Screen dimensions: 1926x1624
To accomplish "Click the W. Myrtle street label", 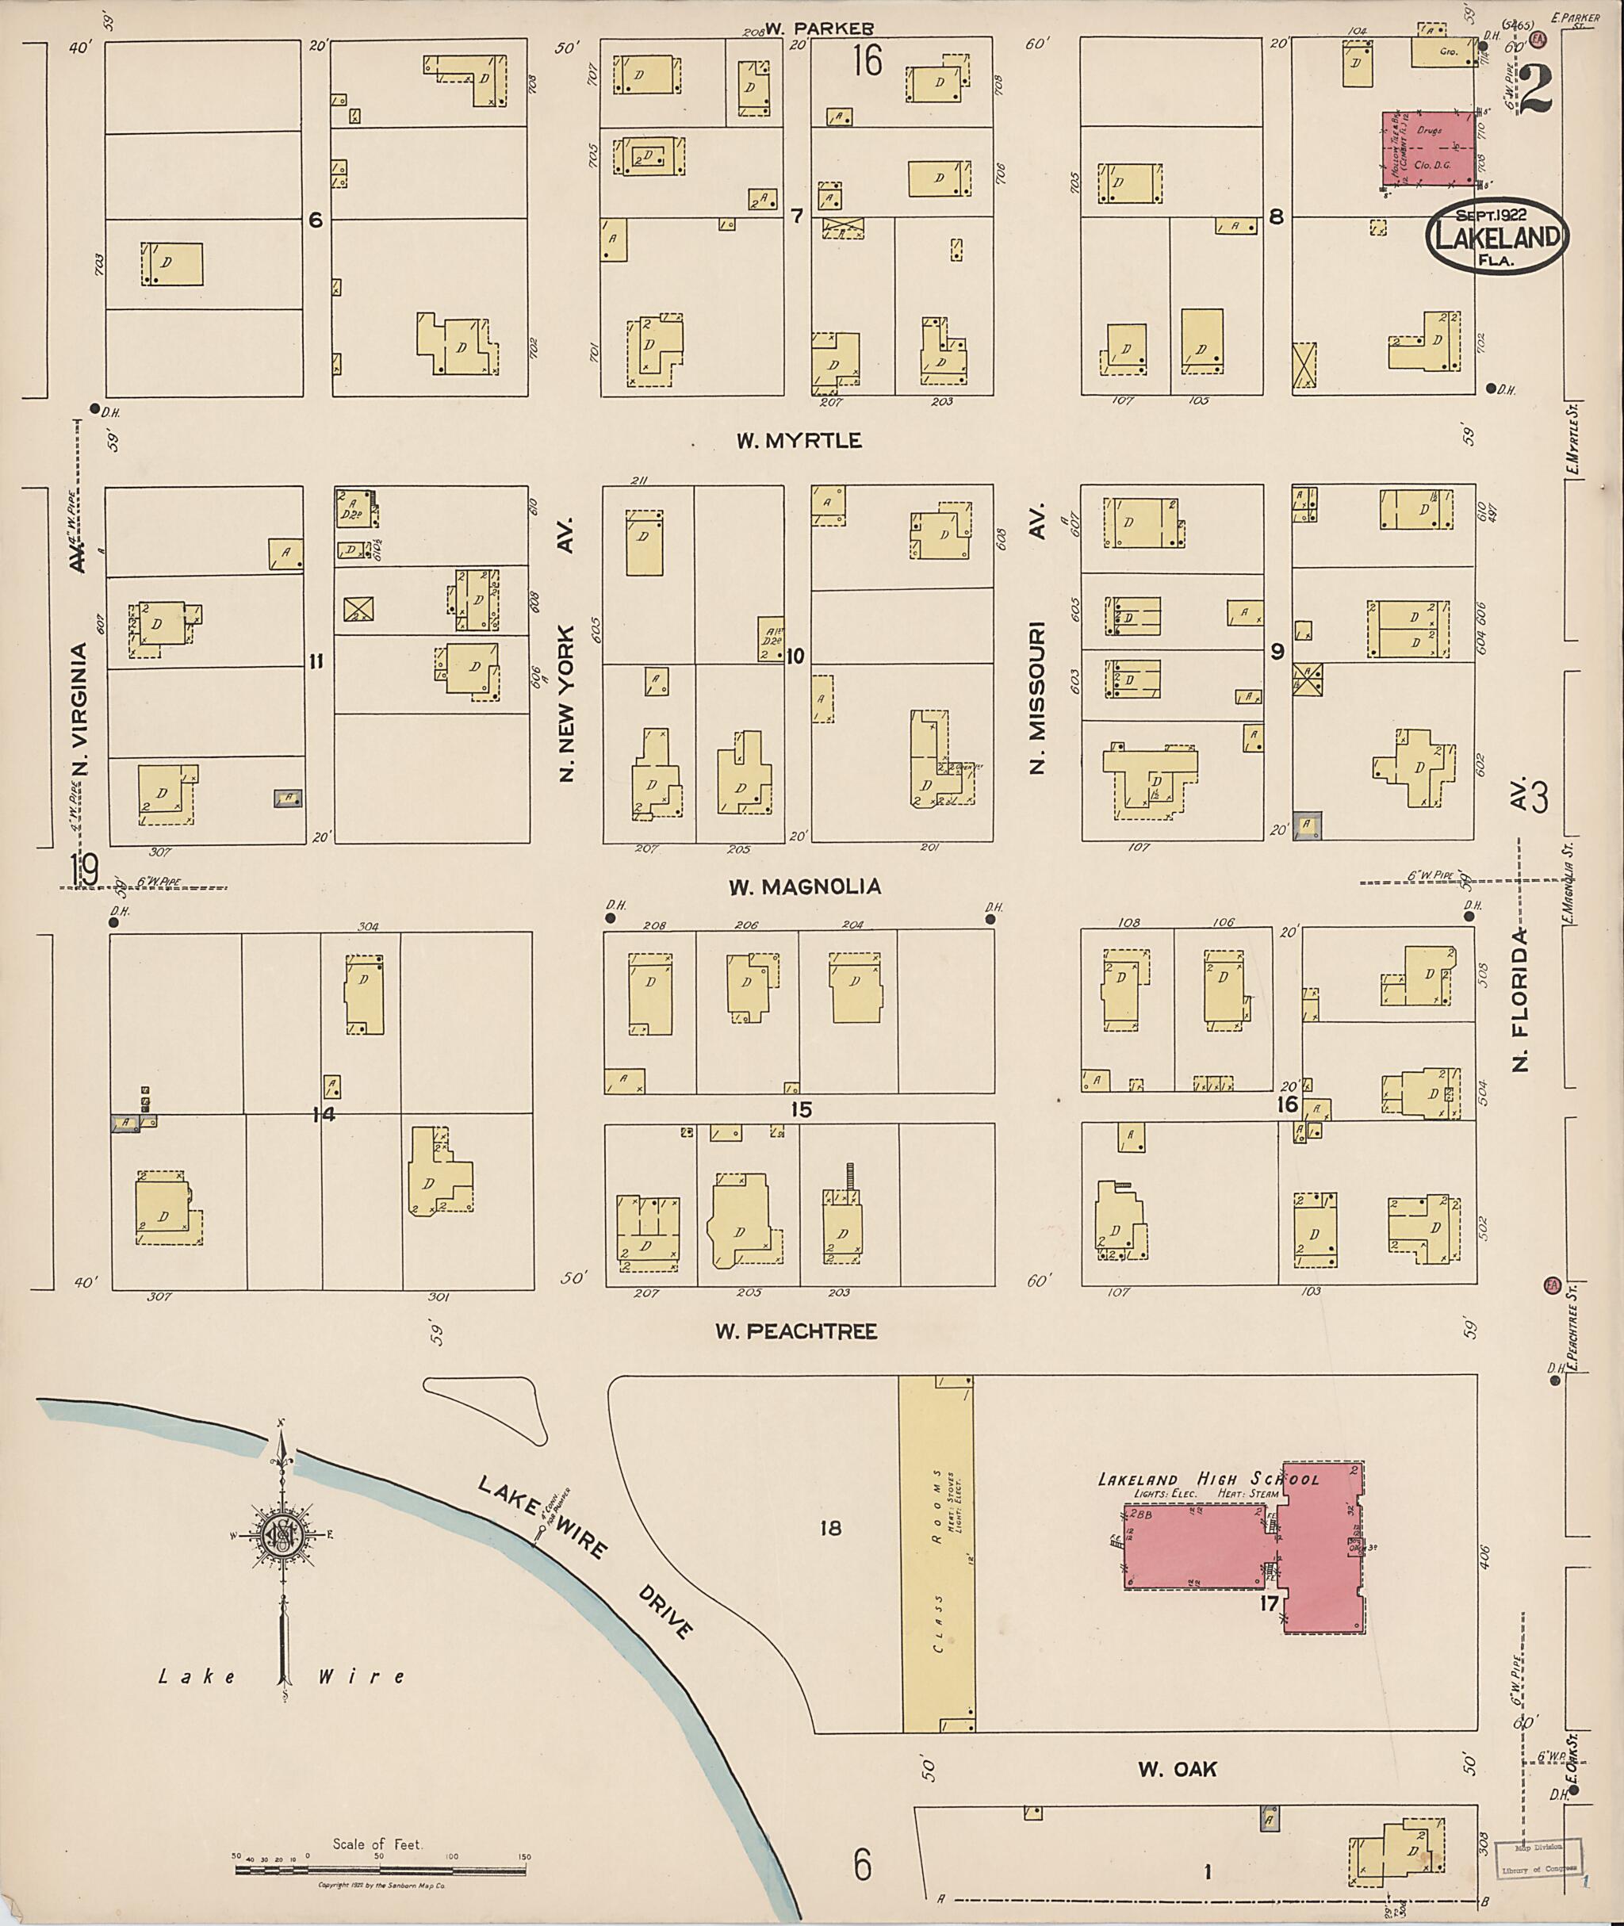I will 799,441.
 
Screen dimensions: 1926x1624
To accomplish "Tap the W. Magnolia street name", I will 805,886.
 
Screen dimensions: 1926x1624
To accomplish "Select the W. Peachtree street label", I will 796,1331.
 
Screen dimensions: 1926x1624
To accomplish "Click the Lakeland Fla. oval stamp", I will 1497,235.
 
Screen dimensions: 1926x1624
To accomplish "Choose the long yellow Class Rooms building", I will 937,1555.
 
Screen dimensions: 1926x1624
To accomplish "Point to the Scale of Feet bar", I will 379,1869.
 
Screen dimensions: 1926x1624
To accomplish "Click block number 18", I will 829,1528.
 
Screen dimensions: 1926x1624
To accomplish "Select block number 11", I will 316,661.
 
